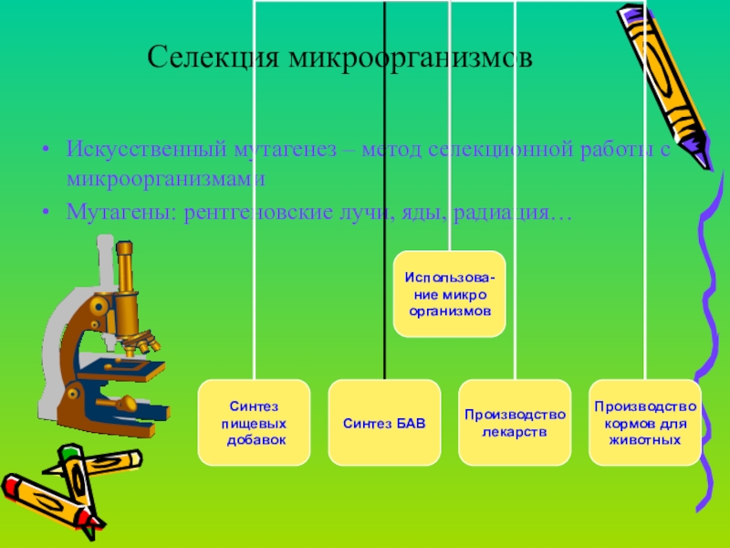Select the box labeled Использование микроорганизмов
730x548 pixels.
[x=448, y=292]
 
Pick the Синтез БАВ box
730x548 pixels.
[x=384, y=422]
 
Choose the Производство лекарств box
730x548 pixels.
[x=515, y=422]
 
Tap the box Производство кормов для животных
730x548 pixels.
[x=645, y=422]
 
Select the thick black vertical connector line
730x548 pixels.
[x=384, y=183]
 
